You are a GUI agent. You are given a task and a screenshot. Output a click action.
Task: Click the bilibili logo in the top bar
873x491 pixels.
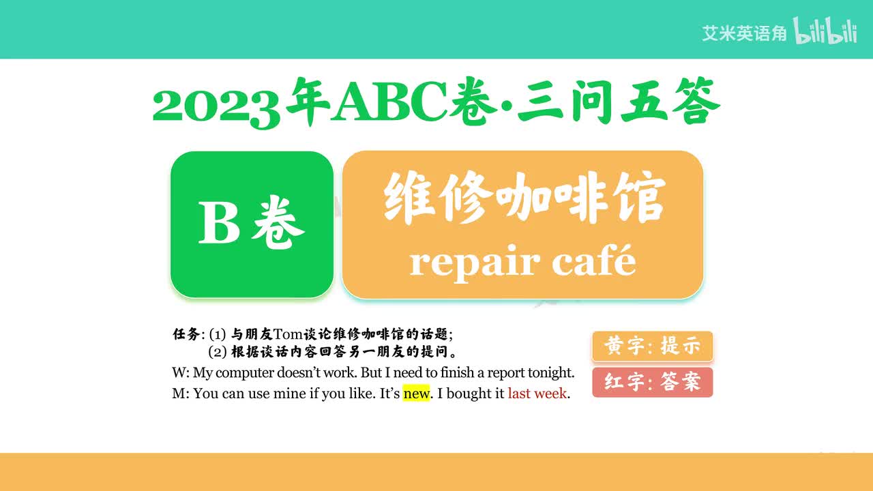825,31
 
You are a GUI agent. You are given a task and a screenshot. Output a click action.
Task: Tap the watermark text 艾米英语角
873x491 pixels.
744,33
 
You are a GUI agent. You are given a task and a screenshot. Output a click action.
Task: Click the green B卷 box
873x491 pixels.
252,224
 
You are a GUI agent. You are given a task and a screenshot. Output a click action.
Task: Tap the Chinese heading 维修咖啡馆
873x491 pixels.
523,198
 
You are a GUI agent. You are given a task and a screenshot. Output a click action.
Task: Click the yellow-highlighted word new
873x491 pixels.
416,393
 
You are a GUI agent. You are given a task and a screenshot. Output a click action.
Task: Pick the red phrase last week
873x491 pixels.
537,393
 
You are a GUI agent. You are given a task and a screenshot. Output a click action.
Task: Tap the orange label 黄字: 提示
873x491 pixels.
652,346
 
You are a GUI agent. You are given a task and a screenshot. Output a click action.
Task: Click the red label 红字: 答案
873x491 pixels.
652,382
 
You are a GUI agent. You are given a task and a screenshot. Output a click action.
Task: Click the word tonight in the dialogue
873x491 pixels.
550,373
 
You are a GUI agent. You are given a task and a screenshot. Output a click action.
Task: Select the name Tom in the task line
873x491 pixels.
287,334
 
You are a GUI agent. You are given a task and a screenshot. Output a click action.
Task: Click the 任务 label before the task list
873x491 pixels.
187,334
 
